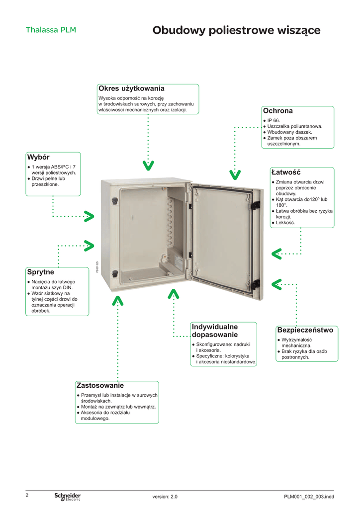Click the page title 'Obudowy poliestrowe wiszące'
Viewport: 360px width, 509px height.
[236, 31]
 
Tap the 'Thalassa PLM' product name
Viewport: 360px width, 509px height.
[51, 30]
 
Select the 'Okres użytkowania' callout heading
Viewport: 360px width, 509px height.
[131, 88]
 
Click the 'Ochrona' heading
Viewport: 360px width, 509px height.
[278, 110]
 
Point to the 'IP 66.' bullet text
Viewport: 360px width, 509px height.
[274, 120]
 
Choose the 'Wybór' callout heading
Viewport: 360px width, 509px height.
[38, 157]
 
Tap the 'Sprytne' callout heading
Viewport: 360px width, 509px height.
[41, 272]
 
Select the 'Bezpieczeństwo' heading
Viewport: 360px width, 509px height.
[305, 330]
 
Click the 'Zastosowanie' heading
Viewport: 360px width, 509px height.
[100, 385]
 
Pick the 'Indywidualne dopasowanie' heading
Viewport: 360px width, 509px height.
[215, 331]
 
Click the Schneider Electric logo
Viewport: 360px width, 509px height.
[68, 497]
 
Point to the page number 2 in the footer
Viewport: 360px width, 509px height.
[27, 495]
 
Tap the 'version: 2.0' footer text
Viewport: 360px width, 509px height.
[165, 497]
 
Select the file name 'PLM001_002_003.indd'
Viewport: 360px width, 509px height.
[309, 497]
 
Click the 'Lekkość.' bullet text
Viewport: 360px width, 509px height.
[285, 223]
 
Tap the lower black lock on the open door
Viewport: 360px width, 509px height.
[256, 284]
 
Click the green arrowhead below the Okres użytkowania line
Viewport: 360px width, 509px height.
[148, 165]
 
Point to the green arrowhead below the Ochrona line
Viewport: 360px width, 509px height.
[235, 174]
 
